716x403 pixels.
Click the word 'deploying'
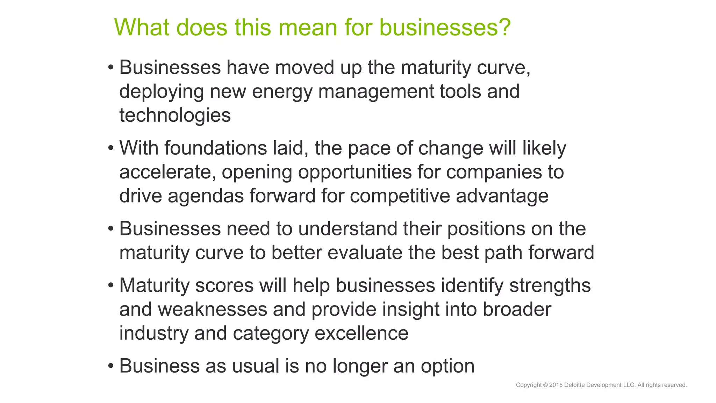coord(162,92)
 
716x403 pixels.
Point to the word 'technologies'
coord(175,115)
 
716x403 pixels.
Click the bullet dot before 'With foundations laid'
coord(111,148)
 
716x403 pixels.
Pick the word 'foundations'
coord(216,148)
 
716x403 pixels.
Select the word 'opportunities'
coord(355,172)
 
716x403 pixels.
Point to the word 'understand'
coord(348,229)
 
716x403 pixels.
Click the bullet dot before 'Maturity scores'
coord(111,285)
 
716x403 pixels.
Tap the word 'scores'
coord(224,285)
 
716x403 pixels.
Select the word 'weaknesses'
coord(212,310)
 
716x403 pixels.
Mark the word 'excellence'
coord(361,333)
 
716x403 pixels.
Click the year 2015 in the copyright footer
coord(556,385)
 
